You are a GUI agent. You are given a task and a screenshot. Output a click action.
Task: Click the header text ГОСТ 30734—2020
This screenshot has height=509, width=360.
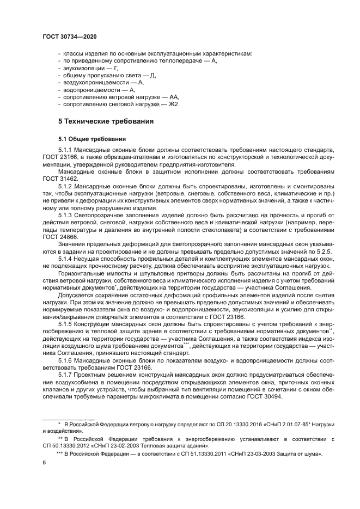point(69,37)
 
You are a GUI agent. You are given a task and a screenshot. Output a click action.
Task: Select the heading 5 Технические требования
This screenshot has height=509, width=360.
point(106,121)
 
